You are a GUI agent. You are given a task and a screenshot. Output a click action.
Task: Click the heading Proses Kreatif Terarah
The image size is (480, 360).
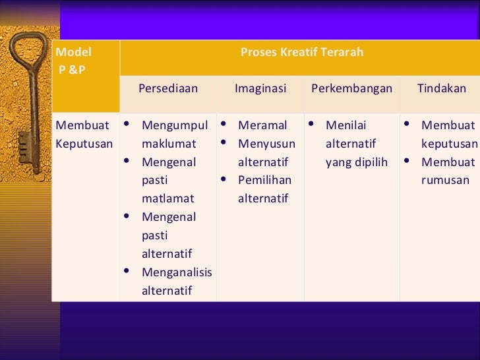[301, 52]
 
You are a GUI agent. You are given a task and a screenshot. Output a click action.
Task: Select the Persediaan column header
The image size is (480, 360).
[168, 88]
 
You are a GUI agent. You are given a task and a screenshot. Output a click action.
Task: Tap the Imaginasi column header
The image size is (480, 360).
[260, 88]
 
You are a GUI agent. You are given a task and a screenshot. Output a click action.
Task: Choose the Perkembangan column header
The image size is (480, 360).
[351, 88]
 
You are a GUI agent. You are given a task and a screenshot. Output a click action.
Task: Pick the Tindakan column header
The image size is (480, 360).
[441, 88]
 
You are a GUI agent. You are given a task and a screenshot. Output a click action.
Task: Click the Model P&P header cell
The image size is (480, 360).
[74, 61]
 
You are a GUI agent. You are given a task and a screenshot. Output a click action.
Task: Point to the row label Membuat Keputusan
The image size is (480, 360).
[84, 135]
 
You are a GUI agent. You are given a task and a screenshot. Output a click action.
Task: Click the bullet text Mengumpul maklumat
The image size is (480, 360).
[175, 135]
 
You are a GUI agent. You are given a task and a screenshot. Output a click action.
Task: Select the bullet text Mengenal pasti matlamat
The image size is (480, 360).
[169, 180]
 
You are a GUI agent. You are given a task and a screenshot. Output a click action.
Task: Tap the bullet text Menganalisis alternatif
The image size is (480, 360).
[176, 281]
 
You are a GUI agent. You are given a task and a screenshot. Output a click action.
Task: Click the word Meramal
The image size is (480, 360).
[262, 125]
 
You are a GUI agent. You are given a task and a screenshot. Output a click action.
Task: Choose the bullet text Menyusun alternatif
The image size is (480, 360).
[266, 153]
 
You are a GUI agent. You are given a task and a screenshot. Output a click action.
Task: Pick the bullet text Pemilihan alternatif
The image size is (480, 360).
[264, 189]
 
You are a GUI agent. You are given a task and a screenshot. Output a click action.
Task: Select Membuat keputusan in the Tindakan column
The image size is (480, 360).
[449, 135]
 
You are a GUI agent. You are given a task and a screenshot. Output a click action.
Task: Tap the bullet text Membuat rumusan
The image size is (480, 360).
[448, 171]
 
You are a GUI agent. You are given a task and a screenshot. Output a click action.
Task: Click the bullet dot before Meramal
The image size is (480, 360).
[224, 125]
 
